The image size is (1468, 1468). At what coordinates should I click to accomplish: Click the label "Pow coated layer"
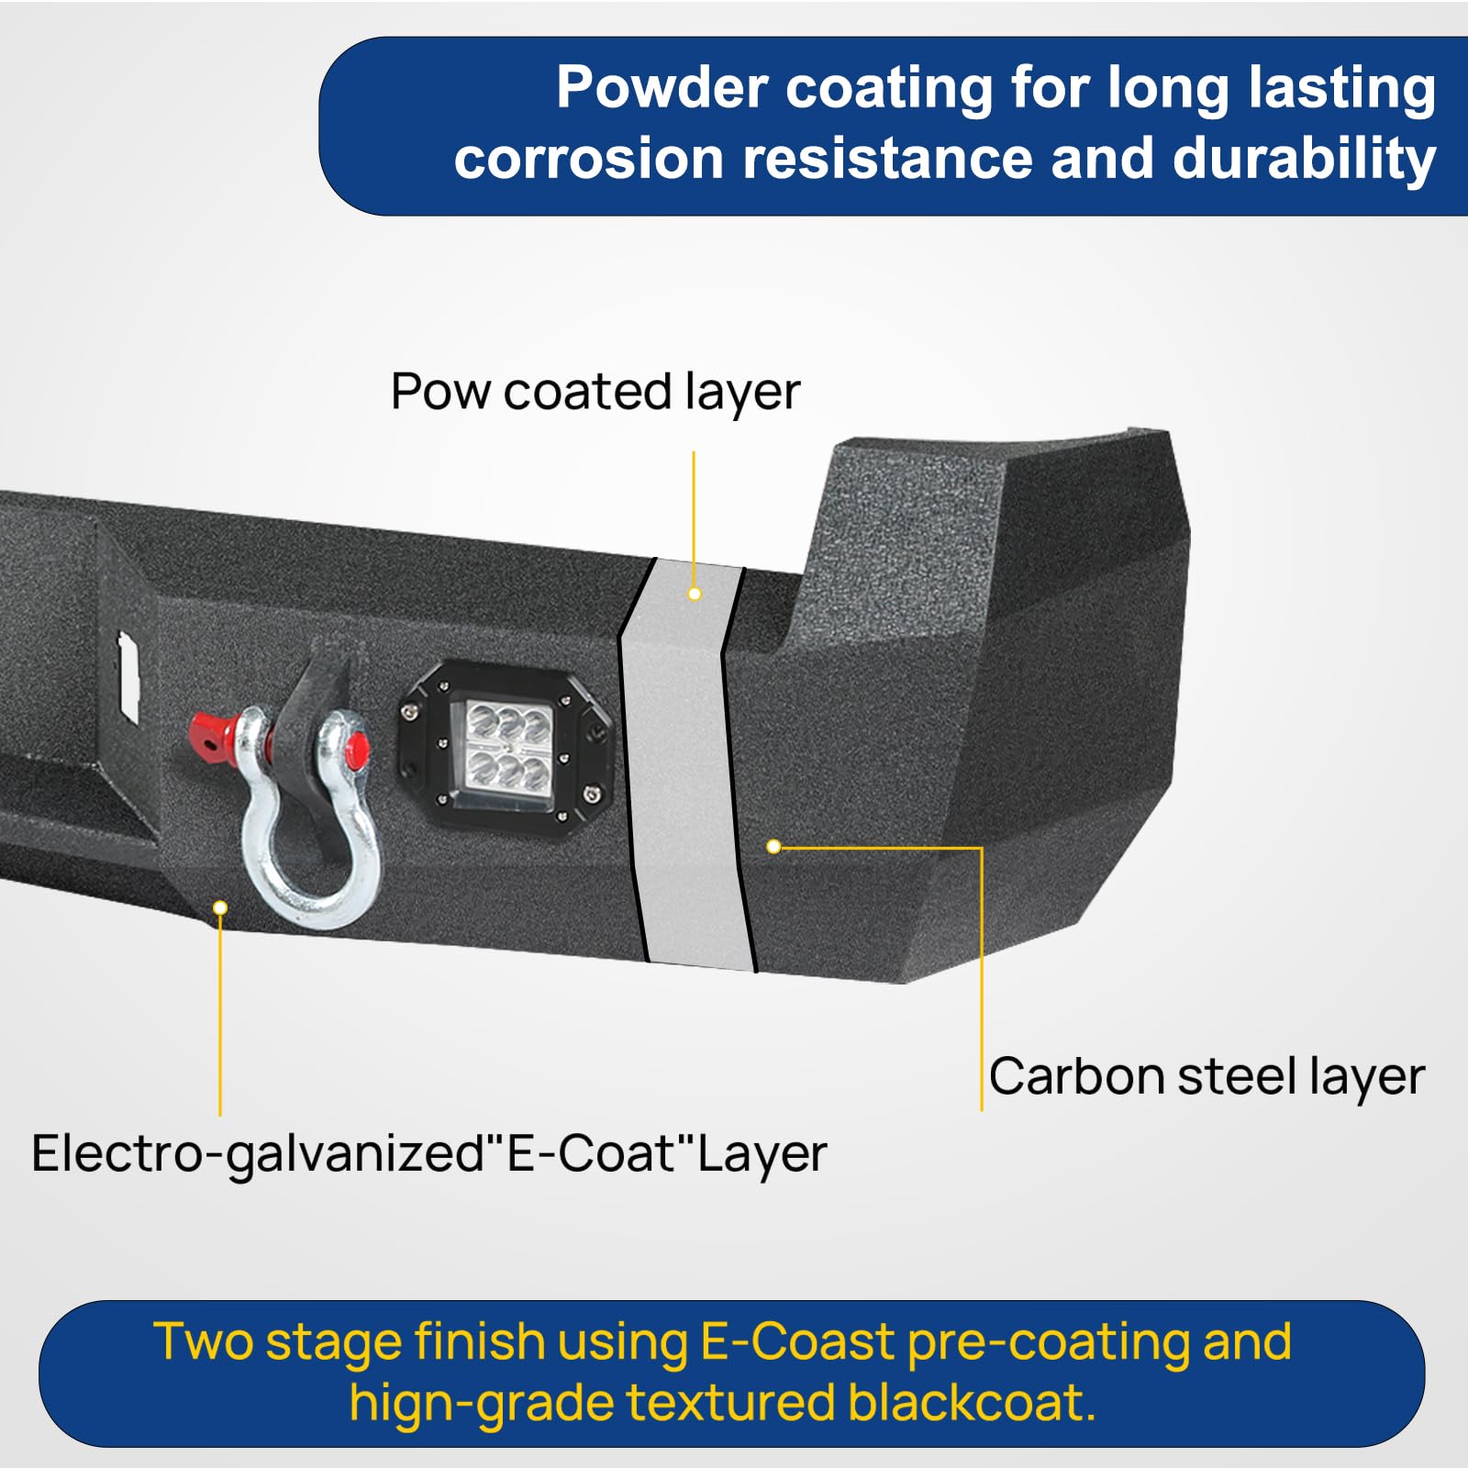coord(595,393)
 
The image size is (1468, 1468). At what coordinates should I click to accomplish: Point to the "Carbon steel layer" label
coord(1207,1077)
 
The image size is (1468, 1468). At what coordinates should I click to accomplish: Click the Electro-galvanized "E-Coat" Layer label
coord(428,1154)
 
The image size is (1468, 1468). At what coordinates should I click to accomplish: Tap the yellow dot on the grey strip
coord(695,595)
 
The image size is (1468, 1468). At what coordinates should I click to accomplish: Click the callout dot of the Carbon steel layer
coord(773,846)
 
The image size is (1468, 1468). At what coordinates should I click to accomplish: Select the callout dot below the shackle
coord(220,907)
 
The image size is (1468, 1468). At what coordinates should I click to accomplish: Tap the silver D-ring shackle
coord(307,826)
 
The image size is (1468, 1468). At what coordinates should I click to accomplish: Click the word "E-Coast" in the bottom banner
coord(796,1342)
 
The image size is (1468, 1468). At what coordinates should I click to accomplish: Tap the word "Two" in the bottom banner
coord(203,1342)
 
